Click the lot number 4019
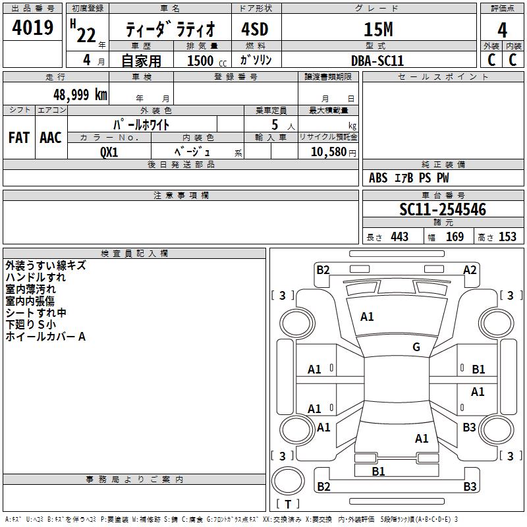[x=33, y=28]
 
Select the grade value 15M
[x=378, y=29]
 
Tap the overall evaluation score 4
[x=503, y=30]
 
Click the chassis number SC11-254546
[x=443, y=209]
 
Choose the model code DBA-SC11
[x=377, y=60]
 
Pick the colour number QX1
[x=109, y=151]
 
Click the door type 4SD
[x=256, y=30]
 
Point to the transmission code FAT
[x=19, y=138]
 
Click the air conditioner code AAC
[x=51, y=138]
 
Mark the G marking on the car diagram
[x=416, y=347]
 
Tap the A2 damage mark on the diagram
[x=470, y=269]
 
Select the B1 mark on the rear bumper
[x=378, y=471]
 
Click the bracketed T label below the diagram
[x=287, y=504]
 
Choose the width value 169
[x=455, y=236]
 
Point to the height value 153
[x=507, y=236]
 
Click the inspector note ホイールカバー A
[x=45, y=337]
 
